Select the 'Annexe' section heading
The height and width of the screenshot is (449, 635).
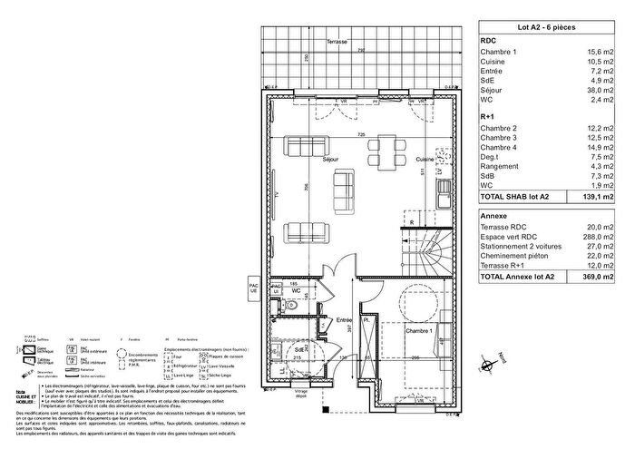coord(493,214)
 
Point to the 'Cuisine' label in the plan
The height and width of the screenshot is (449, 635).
coord(425,159)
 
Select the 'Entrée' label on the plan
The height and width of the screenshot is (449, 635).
coord(345,320)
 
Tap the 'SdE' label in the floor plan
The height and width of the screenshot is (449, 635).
coord(298,347)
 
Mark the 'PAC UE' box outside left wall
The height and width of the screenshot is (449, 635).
coord(254,288)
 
